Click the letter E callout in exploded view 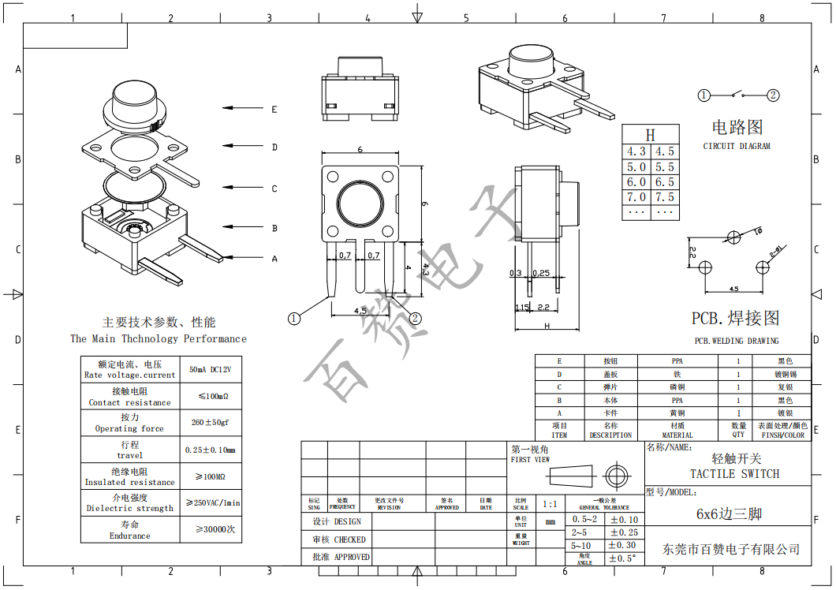274,109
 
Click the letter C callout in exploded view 274,189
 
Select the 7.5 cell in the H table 665,197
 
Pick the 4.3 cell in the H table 636,151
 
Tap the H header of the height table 650,135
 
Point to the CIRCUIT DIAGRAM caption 737,147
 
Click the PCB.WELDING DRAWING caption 736,341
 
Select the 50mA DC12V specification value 211,369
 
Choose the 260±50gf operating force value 211,422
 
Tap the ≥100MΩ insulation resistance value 211,476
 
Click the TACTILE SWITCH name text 734,474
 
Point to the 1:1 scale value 550,504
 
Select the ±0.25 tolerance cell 623,532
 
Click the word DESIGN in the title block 348,521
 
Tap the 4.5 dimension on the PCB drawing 733,289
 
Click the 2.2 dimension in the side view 543,307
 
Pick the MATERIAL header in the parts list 677,435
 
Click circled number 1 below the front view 294,319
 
